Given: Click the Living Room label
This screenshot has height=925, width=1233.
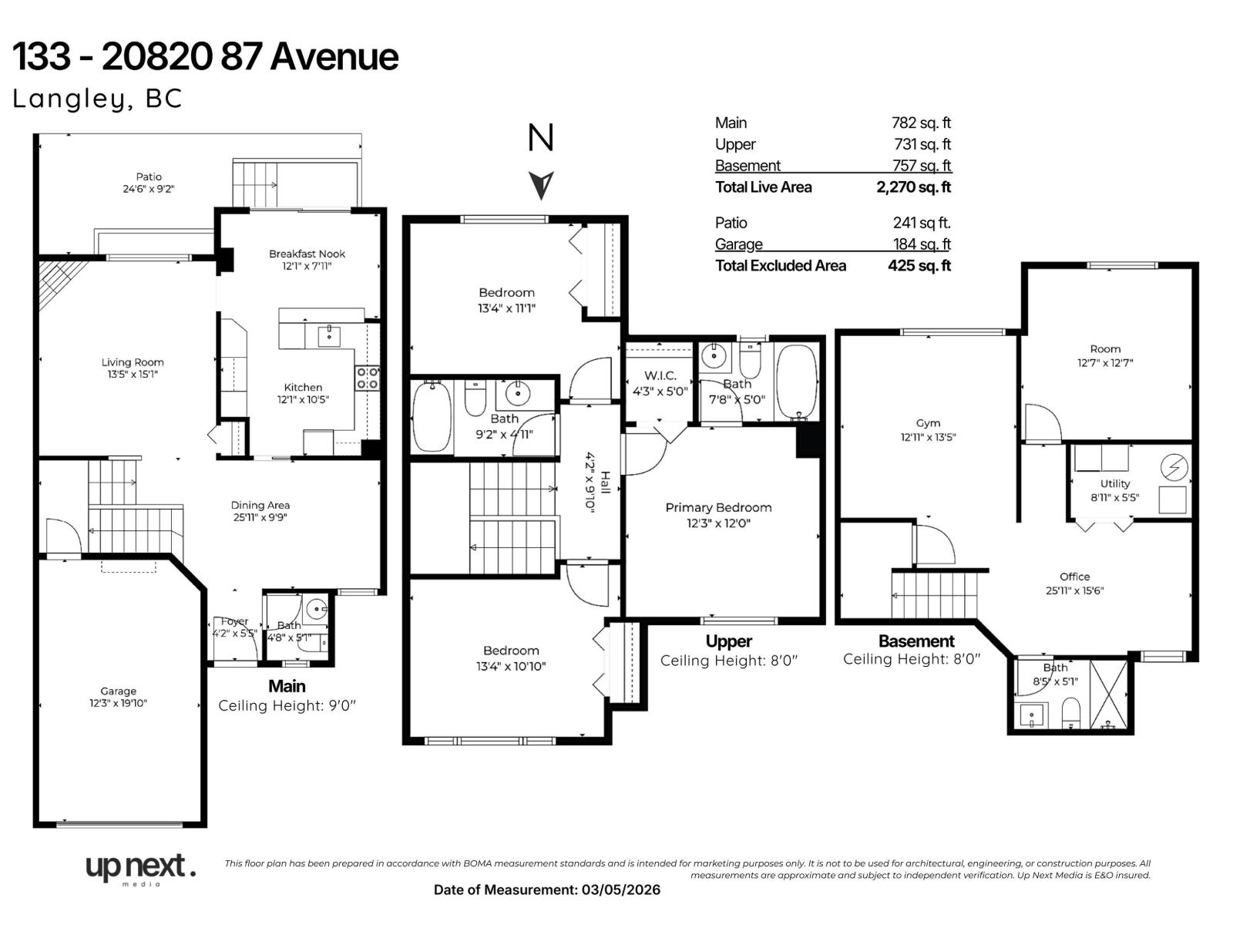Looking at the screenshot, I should (x=133, y=362).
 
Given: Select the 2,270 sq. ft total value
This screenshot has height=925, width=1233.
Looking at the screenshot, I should (x=913, y=187).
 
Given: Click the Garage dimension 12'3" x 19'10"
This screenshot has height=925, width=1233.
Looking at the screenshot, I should (x=118, y=703).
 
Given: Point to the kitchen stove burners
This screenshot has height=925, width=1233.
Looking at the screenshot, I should (x=367, y=378).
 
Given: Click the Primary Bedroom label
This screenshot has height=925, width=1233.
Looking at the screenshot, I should (x=718, y=508).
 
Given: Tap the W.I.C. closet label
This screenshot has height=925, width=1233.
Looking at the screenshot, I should (x=660, y=376).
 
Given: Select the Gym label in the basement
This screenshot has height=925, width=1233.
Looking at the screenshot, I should (x=928, y=423).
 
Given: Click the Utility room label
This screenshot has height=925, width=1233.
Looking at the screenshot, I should (x=1114, y=484).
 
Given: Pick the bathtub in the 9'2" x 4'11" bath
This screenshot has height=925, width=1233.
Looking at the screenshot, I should (x=432, y=418).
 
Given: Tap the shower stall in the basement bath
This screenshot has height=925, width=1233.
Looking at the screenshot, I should (x=1110, y=694).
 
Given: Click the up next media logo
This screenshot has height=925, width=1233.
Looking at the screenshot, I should (x=139, y=869).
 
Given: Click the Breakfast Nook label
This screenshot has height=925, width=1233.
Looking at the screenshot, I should (x=307, y=254).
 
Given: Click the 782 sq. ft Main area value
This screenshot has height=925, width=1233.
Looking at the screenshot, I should (x=921, y=123).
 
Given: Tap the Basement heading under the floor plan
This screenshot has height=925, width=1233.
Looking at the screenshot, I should (x=916, y=641).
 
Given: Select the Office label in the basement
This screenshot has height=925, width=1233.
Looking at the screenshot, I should (x=1074, y=577).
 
